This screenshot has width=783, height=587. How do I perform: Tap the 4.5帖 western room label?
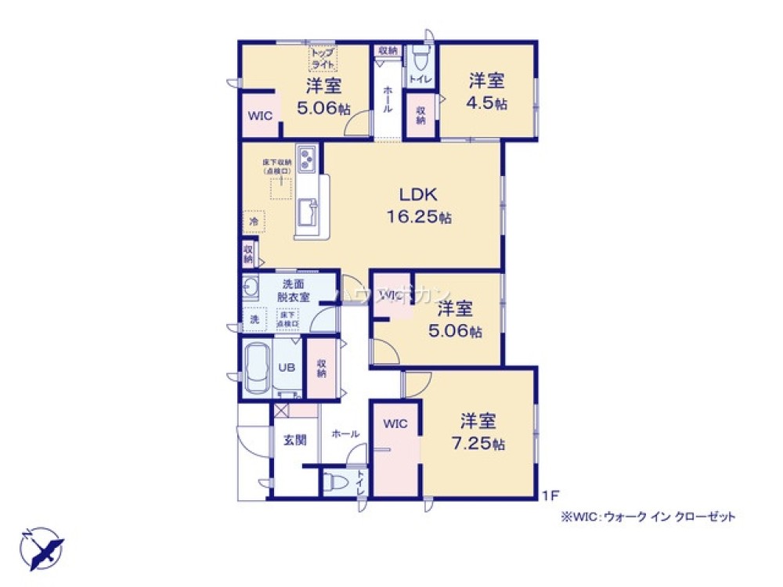click(486, 92)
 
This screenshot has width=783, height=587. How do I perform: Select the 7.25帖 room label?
click(478, 433)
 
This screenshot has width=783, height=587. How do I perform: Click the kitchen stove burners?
click(306, 159)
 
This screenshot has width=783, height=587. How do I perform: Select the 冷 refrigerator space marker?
click(254, 222)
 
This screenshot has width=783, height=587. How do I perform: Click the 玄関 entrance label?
click(294, 440)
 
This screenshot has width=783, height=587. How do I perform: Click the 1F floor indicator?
click(551, 495)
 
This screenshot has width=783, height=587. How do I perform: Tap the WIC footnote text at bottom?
click(648, 517)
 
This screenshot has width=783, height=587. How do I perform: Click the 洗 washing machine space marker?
click(253, 319)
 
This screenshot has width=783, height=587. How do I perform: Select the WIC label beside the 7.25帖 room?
click(395, 424)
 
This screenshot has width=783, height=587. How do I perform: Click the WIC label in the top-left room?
click(259, 116)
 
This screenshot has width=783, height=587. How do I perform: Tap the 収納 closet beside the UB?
click(322, 368)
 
